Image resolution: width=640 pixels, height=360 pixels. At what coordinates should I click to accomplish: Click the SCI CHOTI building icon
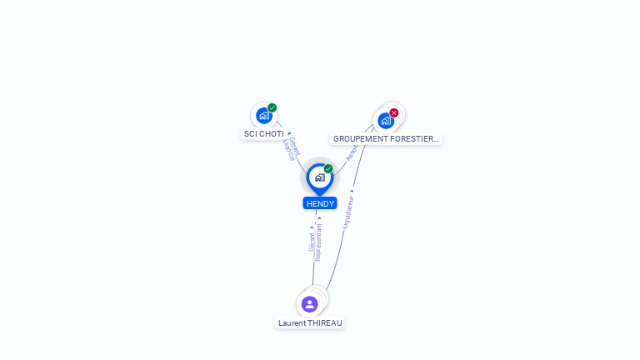coord(264,116)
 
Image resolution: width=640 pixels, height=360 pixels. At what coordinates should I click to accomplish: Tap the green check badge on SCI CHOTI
coord(272,107)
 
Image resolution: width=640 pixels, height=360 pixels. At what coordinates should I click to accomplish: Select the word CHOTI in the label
coord(270,133)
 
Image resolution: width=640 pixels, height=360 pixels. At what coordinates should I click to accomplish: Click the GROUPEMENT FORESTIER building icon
coord(386,121)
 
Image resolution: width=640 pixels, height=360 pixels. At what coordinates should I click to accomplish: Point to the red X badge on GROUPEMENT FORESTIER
coord(394,112)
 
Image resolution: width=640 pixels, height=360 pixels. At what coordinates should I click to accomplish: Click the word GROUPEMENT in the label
coord(362,139)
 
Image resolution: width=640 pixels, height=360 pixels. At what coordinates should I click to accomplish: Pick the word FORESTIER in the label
coord(415,139)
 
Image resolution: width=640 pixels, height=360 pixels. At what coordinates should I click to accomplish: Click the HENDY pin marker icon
coord(319,177)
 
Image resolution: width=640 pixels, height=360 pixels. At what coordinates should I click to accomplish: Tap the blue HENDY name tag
coord(320,203)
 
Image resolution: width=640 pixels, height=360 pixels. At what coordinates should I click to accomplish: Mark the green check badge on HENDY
coord(328,168)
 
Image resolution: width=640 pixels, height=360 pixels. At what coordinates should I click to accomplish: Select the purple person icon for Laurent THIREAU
coord(310,304)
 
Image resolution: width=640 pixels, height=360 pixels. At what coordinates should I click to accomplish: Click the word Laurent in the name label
coord(292,323)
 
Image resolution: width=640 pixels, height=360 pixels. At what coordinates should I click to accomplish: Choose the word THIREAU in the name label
coord(326,323)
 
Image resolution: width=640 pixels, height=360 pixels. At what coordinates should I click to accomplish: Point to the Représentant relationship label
coord(319,242)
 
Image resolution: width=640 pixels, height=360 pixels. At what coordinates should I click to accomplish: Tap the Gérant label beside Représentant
coord(312,242)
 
